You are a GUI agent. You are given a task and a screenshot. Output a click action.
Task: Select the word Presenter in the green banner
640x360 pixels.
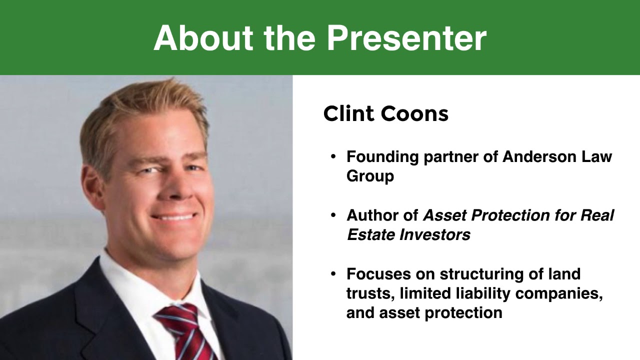[406, 38]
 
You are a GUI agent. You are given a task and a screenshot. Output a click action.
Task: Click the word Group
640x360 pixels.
[370, 176]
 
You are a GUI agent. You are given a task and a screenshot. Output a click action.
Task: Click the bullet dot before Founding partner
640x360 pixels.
[333, 157]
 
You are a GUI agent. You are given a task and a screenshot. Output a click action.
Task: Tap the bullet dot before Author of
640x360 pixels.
[333, 216]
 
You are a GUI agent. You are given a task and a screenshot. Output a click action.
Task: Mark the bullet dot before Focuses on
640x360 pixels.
[333, 274]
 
